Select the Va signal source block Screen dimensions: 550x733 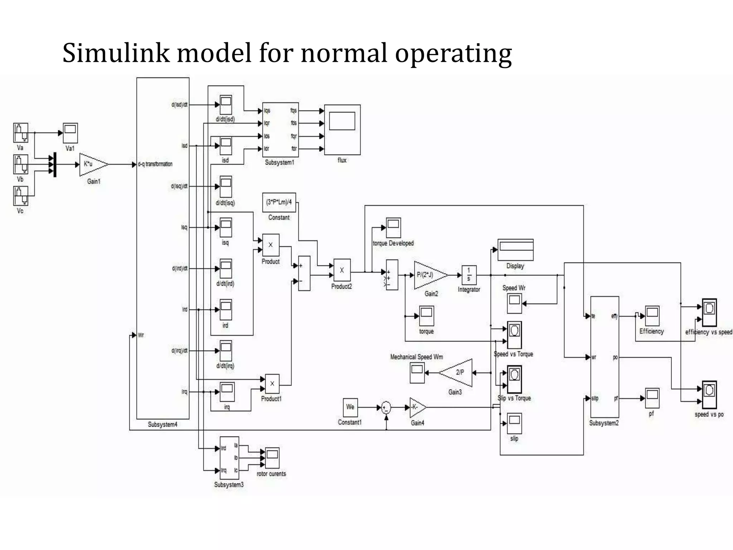[20, 133]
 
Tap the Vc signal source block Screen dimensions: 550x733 [20, 196]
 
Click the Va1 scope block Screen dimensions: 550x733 [70, 133]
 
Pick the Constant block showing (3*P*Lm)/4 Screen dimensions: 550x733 [279, 202]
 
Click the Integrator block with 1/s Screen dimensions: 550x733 [469, 275]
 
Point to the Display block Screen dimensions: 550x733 [515, 250]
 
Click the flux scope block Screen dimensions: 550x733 [342, 130]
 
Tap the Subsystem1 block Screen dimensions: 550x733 [280, 130]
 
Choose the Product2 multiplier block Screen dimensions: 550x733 [342, 270]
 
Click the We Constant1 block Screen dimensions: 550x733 [350, 407]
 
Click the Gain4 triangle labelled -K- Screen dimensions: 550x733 [417, 407]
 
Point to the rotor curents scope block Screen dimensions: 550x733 [272, 458]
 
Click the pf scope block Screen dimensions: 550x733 [652, 398]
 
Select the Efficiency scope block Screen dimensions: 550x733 [652, 316]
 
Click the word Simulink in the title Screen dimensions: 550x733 [116, 53]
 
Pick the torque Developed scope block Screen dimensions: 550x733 [393, 227]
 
